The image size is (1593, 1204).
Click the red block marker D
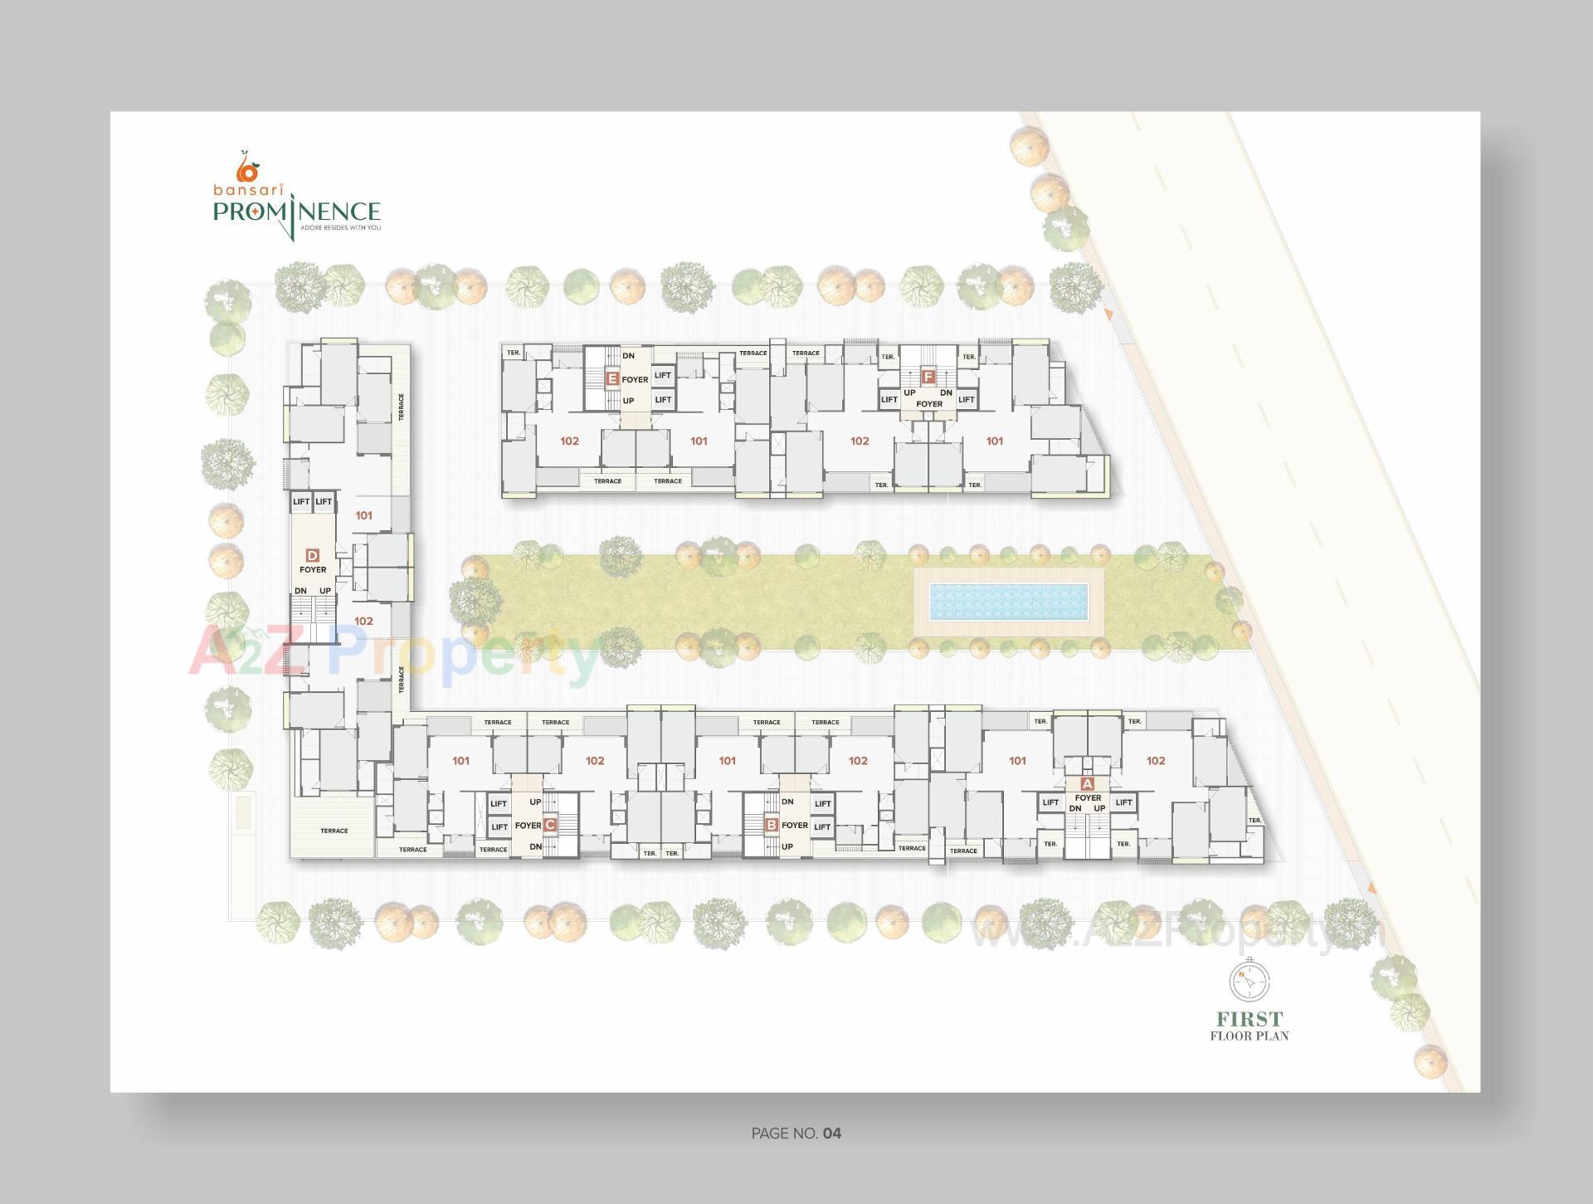click(x=313, y=555)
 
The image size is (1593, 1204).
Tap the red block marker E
click(x=612, y=379)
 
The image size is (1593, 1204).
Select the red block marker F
click(x=928, y=376)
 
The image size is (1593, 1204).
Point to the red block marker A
click(x=1088, y=783)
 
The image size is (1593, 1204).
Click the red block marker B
click(x=772, y=825)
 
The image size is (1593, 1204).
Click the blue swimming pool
click(x=1008, y=602)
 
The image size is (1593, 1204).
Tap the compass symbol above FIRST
click(x=1250, y=982)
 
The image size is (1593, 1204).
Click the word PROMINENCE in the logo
click(x=296, y=212)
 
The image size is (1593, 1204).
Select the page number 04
click(x=832, y=1133)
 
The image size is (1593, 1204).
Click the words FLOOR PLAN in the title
click(x=1250, y=1036)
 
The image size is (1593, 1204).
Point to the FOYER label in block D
click(x=313, y=570)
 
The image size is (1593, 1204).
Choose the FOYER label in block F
click(x=929, y=404)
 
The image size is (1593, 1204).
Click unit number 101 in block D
click(x=363, y=515)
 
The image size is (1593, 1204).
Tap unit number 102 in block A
click(x=1156, y=761)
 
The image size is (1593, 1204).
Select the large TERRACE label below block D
click(x=334, y=831)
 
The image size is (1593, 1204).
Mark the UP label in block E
click(x=628, y=401)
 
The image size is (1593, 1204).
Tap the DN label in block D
click(x=300, y=591)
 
